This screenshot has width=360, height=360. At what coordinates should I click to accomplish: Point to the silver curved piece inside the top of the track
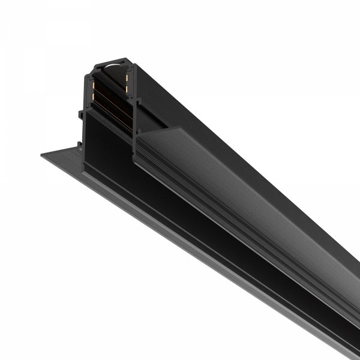tap(113, 62)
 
